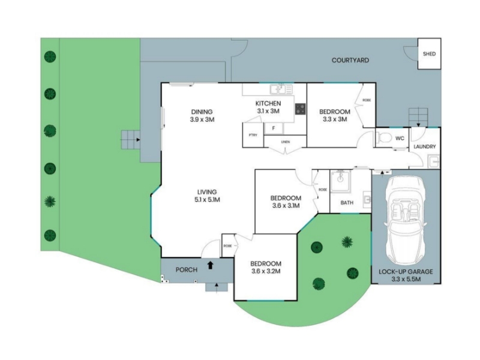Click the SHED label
point(429,54)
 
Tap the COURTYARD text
point(350,61)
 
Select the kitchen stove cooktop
point(301,109)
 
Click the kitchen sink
point(281,89)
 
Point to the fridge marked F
point(274,128)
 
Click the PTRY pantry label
point(253,135)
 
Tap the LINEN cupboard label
point(286,142)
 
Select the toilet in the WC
point(383,138)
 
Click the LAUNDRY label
point(425,146)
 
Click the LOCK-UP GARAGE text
point(406,272)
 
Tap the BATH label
point(347,203)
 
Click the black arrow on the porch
point(211,265)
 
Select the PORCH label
point(187,269)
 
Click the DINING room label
point(202,112)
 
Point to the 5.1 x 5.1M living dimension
point(207,200)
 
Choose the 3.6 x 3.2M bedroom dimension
point(266,271)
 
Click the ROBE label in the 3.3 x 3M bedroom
point(367,100)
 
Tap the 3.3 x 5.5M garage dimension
point(406,279)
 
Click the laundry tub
point(433,161)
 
